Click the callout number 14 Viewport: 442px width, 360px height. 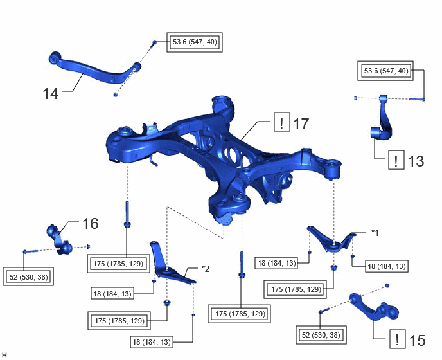pyautogui.click(x=51, y=94)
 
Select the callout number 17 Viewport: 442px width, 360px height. pyautogui.click(x=301, y=124)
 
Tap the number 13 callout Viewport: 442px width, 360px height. pyautogui.click(x=416, y=161)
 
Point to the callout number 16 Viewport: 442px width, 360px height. pyautogui.click(x=90, y=224)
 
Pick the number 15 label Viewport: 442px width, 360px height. pyautogui.click(x=417, y=340)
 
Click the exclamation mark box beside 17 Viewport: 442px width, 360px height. pyautogui.click(x=282, y=122)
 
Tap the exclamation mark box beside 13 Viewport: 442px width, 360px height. pyautogui.click(x=396, y=160)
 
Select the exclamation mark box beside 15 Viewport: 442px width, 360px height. pyautogui.click(x=398, y=339)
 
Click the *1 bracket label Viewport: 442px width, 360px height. pyautogui.click(x=375, y=233)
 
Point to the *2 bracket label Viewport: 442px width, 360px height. pyautogui.click(x=206, y=269)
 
